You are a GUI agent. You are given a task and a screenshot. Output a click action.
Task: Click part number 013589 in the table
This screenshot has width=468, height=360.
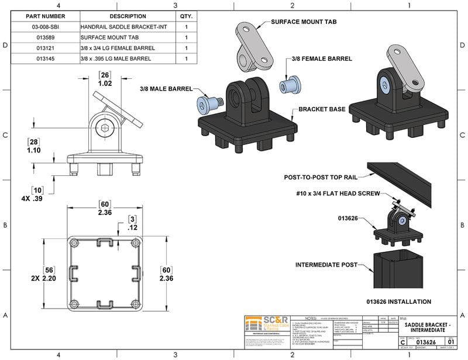click(x=44, y=37)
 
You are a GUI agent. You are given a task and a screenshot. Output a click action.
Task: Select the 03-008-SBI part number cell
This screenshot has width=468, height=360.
click(x=44, y=27)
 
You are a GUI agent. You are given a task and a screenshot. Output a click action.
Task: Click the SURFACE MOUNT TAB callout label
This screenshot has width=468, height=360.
click(x=305, y=22)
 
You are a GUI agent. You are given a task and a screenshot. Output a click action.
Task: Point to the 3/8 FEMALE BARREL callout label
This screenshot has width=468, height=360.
click(x=322, y=59)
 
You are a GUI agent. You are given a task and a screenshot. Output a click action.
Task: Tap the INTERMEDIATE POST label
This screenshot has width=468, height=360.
click(x=326, y=265)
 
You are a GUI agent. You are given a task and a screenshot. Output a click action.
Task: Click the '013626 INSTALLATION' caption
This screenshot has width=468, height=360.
click(x=399, y=302)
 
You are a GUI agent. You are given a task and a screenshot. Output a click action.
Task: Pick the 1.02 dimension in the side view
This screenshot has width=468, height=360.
click(x=105, y=84)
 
